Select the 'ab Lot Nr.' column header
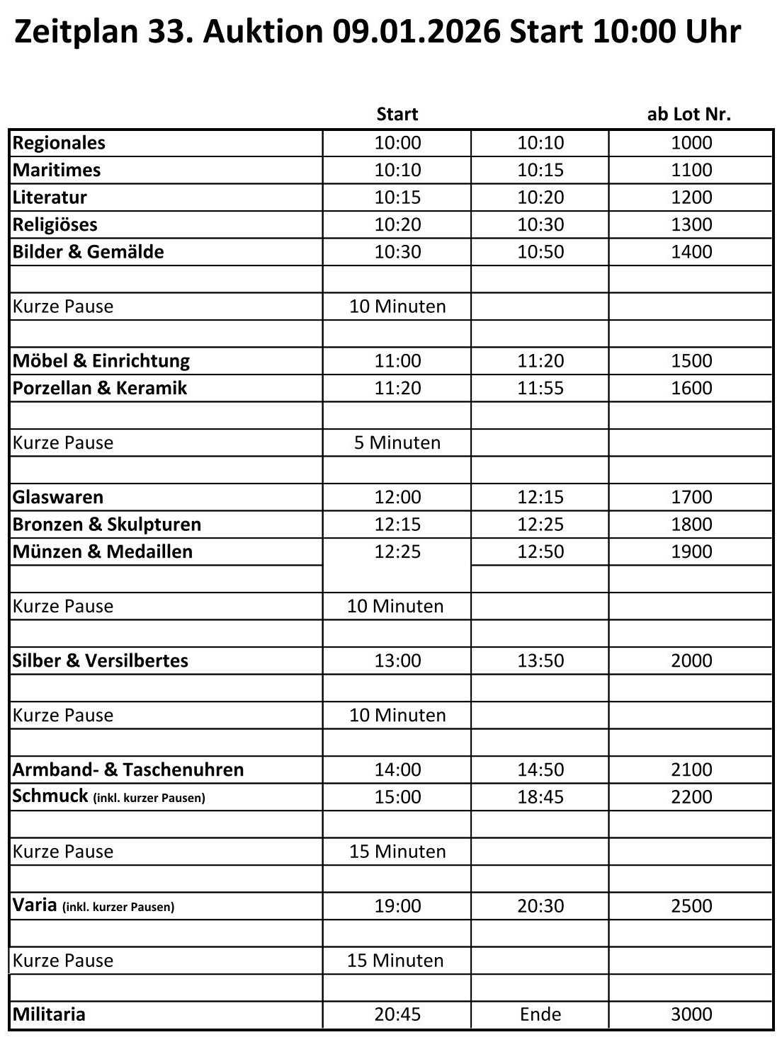(x=688, y=114)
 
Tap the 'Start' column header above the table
(x=397, y=114)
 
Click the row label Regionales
(x=59, y=143)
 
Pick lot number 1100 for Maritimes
(x=691, y=170)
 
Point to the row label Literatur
(x=50, y=197)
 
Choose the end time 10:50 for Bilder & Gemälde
(x=540, y=252)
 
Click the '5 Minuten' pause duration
(x=397, y=442)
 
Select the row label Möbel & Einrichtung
(x=101, y=361)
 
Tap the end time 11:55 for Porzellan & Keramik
(x=540, y=388)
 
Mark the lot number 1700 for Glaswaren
(x=691, y=497)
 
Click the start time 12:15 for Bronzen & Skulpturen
(x=397, y=525)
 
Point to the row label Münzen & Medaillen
(x=103, y=551)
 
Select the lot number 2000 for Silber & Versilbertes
(x=691, y=660)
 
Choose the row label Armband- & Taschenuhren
(x=128, y=769)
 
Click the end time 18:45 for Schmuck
(x=540, y=797)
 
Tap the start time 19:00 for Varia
(x=397, y=906)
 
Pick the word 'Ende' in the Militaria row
(x=540, y=1014)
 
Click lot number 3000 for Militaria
(x=691, y=1014)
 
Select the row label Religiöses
(x=55, y=224)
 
